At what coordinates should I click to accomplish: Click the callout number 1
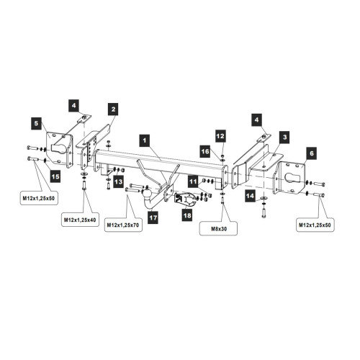tap(145, 140)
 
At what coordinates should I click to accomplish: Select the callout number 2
tap(113, 109)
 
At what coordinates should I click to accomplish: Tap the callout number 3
tap(284, 137)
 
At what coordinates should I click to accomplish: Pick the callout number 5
tap(36, 123)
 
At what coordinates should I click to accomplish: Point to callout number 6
tap(311, 153)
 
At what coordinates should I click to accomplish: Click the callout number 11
tap(193, 181)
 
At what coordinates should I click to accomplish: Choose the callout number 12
tap(220, 136)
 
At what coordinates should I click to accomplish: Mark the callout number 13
tap(119, 181)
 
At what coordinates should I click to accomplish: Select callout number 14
tap(250, 196)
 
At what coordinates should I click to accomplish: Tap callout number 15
tap(55, 176)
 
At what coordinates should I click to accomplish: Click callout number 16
tap(205, 151)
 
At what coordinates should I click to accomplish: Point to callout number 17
tap(153, 217)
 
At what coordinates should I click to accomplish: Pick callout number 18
tap(187, 215)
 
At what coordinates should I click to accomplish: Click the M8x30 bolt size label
tap(219, 229)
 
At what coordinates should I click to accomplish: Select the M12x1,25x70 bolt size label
tap(123, 225)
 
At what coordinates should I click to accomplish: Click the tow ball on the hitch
tap(146, 192)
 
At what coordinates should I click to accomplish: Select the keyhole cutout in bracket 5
tap(59, 146)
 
